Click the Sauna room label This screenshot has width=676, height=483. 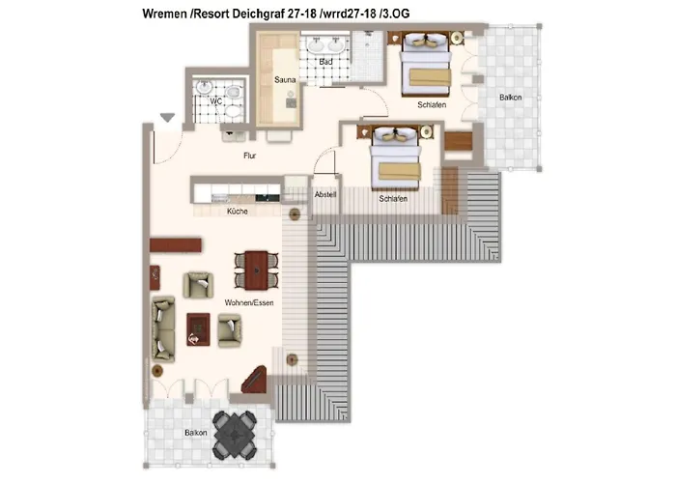tap(285, 80)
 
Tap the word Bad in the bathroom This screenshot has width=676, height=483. tap(326, 62)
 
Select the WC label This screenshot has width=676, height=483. tap(216, 100)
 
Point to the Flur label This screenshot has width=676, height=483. tap(249, 156)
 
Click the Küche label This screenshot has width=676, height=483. tap(238, 212)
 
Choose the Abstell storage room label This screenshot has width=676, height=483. tap(325, 194)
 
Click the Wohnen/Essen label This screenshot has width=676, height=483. tap(249, 302)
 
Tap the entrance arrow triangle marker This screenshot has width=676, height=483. tap(167, 117)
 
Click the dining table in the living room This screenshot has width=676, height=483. tap(257, 270)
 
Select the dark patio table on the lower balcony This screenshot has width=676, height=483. tap(235, 435)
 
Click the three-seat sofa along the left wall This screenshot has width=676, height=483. tap(163, 328)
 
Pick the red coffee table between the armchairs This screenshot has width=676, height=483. tap(198, 329)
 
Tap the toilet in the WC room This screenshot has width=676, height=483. tap(234, 93)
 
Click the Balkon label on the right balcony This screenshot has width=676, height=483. tap(511, 98)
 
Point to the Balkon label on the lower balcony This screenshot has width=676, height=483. tap(196, 433)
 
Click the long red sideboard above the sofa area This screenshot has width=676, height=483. tap(176, 245)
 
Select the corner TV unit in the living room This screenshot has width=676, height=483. tap(255, 380)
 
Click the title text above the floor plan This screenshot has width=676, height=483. tap(276, 14)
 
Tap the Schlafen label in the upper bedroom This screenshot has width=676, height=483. tap(432, 104)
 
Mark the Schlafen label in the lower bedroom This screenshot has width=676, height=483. tap(393, 199)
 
